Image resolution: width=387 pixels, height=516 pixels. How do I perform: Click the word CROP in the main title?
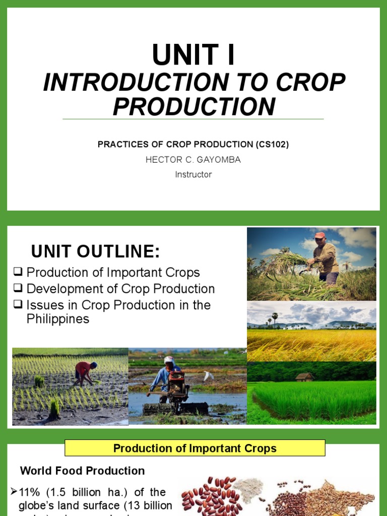[316, 83]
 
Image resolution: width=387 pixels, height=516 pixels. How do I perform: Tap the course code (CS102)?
[272, 145]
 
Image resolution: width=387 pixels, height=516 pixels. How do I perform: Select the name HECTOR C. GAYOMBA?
[193, 160]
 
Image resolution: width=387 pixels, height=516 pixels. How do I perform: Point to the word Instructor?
[193, 174]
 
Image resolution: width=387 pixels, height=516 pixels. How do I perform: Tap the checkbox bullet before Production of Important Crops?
[18, 272]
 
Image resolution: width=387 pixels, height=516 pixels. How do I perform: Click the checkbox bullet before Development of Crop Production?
[18, 289]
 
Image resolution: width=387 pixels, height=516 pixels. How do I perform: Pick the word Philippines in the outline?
[58, 319]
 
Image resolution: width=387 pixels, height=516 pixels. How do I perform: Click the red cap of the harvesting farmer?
[319, 235]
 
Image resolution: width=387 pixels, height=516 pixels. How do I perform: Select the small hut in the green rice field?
[304, 376]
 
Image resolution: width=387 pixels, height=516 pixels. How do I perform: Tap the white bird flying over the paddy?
[208, 375]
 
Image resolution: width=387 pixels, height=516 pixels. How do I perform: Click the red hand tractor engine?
[177, 383]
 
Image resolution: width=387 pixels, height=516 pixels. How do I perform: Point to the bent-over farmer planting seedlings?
[84, 372]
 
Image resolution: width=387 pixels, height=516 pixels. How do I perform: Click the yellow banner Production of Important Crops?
[195, 448]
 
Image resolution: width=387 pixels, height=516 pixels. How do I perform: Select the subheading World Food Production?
[82, 471]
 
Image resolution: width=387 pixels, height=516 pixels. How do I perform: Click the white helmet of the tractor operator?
[169, 360]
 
